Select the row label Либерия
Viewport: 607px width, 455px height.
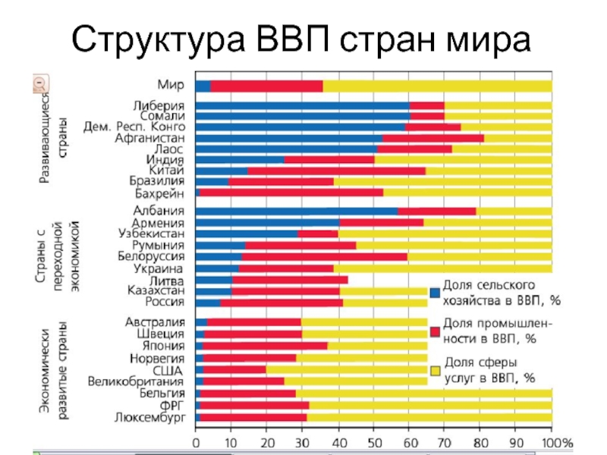(x=159, y=105)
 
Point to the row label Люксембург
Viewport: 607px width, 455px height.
(x=150, y=417)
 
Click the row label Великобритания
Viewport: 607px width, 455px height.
(x=137, y=381)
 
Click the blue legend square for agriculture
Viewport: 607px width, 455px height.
(x=435, y=293)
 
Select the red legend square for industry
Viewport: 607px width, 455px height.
(x=435, y=331)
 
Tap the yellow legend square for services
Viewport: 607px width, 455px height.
(x=435, y=370)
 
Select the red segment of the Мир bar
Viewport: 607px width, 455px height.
(x=266, y=86)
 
